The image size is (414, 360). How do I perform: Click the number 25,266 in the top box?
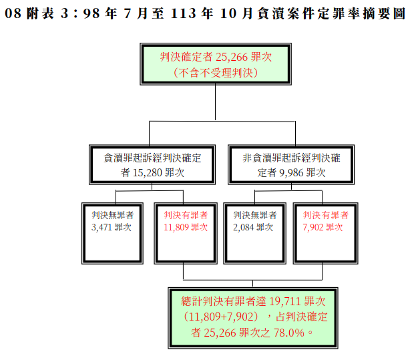(232, 57)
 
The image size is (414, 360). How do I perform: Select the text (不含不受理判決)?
(216, 73)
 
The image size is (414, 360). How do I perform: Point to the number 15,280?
(148, 173)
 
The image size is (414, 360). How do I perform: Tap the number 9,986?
(291, 173)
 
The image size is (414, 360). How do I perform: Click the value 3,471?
(101, 227)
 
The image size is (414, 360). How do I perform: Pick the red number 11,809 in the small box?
(176, 227)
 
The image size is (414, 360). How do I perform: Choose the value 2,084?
(243, 227)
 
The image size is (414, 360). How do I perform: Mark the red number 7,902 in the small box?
(313, 227)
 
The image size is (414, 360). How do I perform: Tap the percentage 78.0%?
(289, 333)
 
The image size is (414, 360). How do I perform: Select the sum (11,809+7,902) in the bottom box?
(221, 317)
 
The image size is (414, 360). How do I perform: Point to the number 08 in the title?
(13, 13)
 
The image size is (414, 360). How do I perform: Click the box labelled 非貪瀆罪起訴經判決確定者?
(291, 164)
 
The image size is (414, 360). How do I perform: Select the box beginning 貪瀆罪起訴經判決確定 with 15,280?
(152, 164)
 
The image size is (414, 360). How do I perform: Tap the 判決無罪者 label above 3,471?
(113, 215)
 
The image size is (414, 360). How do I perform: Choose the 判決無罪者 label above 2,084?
(255, 215)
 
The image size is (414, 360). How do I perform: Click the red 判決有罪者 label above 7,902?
(326, 215)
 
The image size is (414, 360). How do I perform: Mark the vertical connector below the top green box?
(216, 102)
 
